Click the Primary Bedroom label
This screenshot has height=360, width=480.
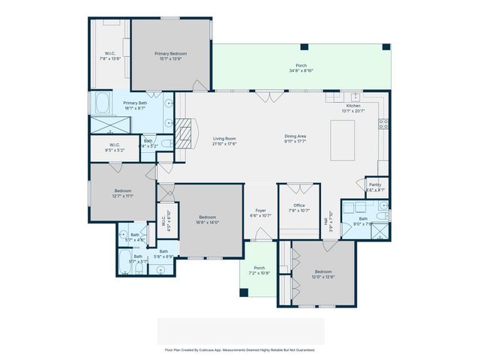171,54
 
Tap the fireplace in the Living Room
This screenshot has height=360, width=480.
184,130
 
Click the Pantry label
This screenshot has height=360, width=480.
375,185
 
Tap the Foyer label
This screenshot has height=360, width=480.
260,211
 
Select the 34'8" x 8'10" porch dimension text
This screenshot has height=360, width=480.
301,70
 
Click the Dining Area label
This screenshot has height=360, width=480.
295,136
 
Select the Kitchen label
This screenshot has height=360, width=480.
352,106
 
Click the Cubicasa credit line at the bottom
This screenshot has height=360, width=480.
240,349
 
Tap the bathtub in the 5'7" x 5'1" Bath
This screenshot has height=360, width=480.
124,262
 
